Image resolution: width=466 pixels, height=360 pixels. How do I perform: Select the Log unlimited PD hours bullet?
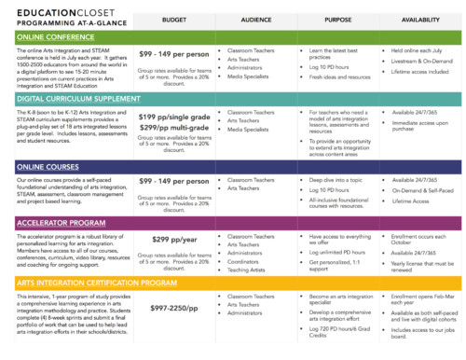[338, 252]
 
